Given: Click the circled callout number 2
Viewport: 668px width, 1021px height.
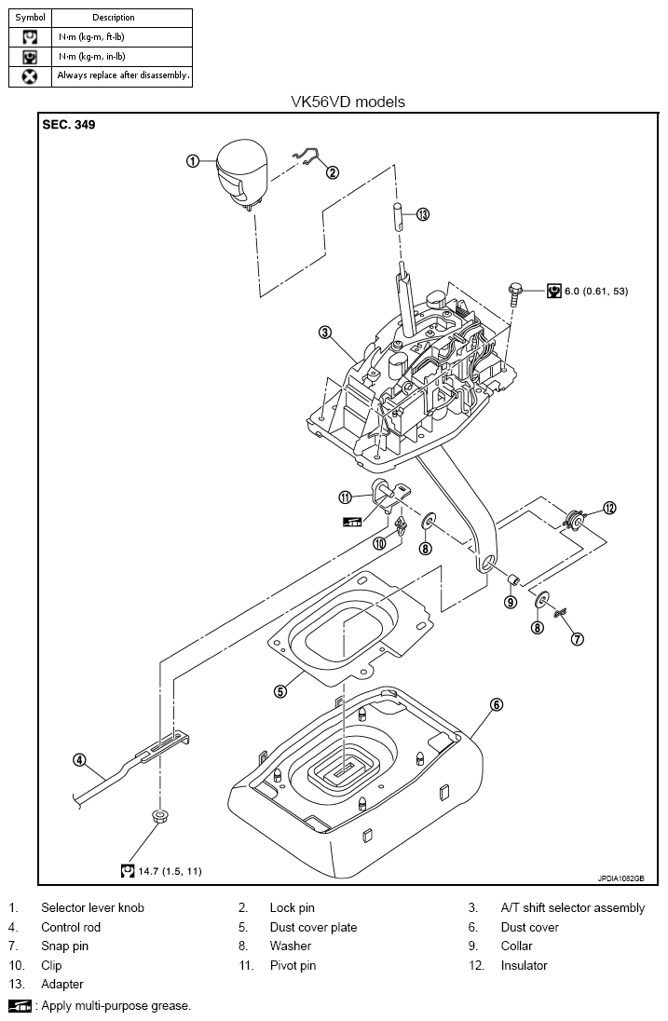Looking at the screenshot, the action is click(x=332, y=172).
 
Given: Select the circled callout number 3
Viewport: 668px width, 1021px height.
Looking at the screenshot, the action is click(x=325, y=333).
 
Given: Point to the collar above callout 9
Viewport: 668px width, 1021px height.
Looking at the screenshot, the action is click(x=512, y=579).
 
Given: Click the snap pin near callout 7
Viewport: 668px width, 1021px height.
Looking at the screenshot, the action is click(x=560, y=613).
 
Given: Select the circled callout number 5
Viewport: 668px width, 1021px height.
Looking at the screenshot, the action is click(x=279, y=691).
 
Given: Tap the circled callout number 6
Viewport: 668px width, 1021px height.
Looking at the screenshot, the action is click(x=497, y=704).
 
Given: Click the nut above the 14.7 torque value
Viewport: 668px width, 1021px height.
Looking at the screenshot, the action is click(x=158, y=816).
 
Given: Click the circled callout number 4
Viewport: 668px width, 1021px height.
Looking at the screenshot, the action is click(x=79, y=759).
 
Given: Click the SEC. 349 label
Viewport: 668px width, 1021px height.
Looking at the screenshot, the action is click(x=68, y=125).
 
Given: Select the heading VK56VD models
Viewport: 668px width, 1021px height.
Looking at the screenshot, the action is click(x=348, y=102).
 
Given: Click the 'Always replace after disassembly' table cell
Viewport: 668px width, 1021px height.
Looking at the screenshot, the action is click(x=122, y=76).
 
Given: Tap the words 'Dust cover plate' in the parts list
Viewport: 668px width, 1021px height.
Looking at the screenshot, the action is click(x=313, y=927).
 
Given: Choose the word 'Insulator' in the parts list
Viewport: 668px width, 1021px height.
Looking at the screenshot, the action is click(x=525, y=965).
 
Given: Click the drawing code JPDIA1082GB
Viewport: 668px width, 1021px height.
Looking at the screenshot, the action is click(x=621, y=878).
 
